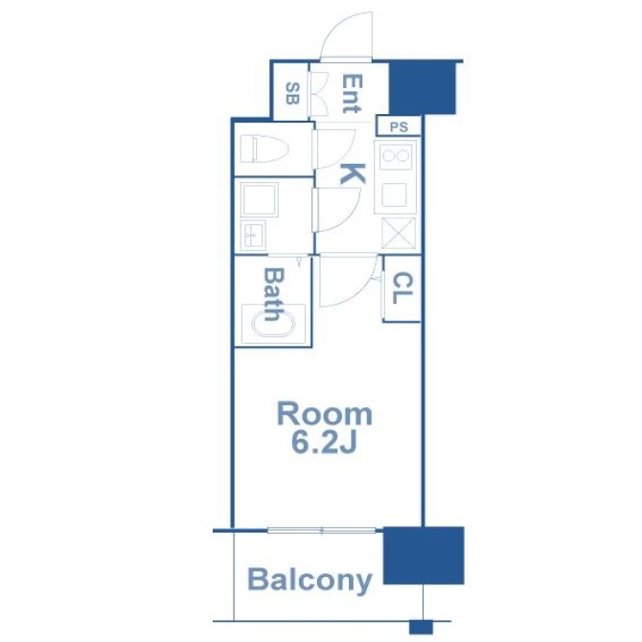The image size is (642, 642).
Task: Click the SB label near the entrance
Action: click(x=292, y=93)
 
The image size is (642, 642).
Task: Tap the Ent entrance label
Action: click(x=352, y=94)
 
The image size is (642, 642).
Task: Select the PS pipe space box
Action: click(x=399, y=126)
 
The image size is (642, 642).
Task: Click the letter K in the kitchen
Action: click(x=353, y=173)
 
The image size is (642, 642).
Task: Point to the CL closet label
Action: click(x=402, y=288)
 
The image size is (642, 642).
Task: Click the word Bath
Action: click(x=272, y=294)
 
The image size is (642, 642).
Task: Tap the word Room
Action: click(x=325, y=414)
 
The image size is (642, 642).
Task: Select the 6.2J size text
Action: click(x=324, y=443)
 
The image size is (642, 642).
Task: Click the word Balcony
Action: click(x=310, y=581)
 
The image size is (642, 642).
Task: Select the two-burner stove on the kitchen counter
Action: click(x=395, y=156)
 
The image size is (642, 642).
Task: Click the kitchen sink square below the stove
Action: click(x=394, y=195)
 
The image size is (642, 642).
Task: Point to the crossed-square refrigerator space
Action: click(x=398, y=234)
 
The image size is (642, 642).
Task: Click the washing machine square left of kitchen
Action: click(x=259, y=199)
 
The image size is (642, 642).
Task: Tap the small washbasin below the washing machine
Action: click(x=253, y=236)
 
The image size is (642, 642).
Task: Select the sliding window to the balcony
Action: click(x=321, y=531)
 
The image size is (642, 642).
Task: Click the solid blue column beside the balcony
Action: click(x=424, y=555)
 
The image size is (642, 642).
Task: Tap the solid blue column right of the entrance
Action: click(x=423, y=87)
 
